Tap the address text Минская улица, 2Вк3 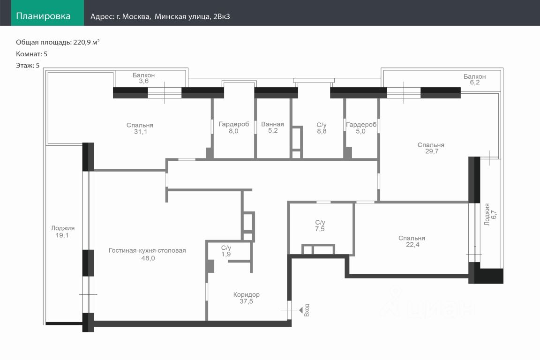(192, 16)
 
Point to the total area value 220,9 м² (86, 42)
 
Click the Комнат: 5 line (32, 54)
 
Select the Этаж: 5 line (28, 66)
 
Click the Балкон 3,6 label (143, 78)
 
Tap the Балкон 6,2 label (474, 79)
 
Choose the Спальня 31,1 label (140, 128)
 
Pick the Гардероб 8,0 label (234, 127)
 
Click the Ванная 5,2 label (272, 127)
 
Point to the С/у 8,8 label (322, 128)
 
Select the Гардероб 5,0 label (361, 127)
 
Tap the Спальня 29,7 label (431, 148)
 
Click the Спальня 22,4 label (412, 241)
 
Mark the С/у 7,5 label (320, 225)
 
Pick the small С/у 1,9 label (226, 251)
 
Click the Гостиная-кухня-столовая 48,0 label (147, 254)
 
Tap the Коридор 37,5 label (247, 298)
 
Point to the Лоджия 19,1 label (63, 232)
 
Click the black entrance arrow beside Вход (300, 310)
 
